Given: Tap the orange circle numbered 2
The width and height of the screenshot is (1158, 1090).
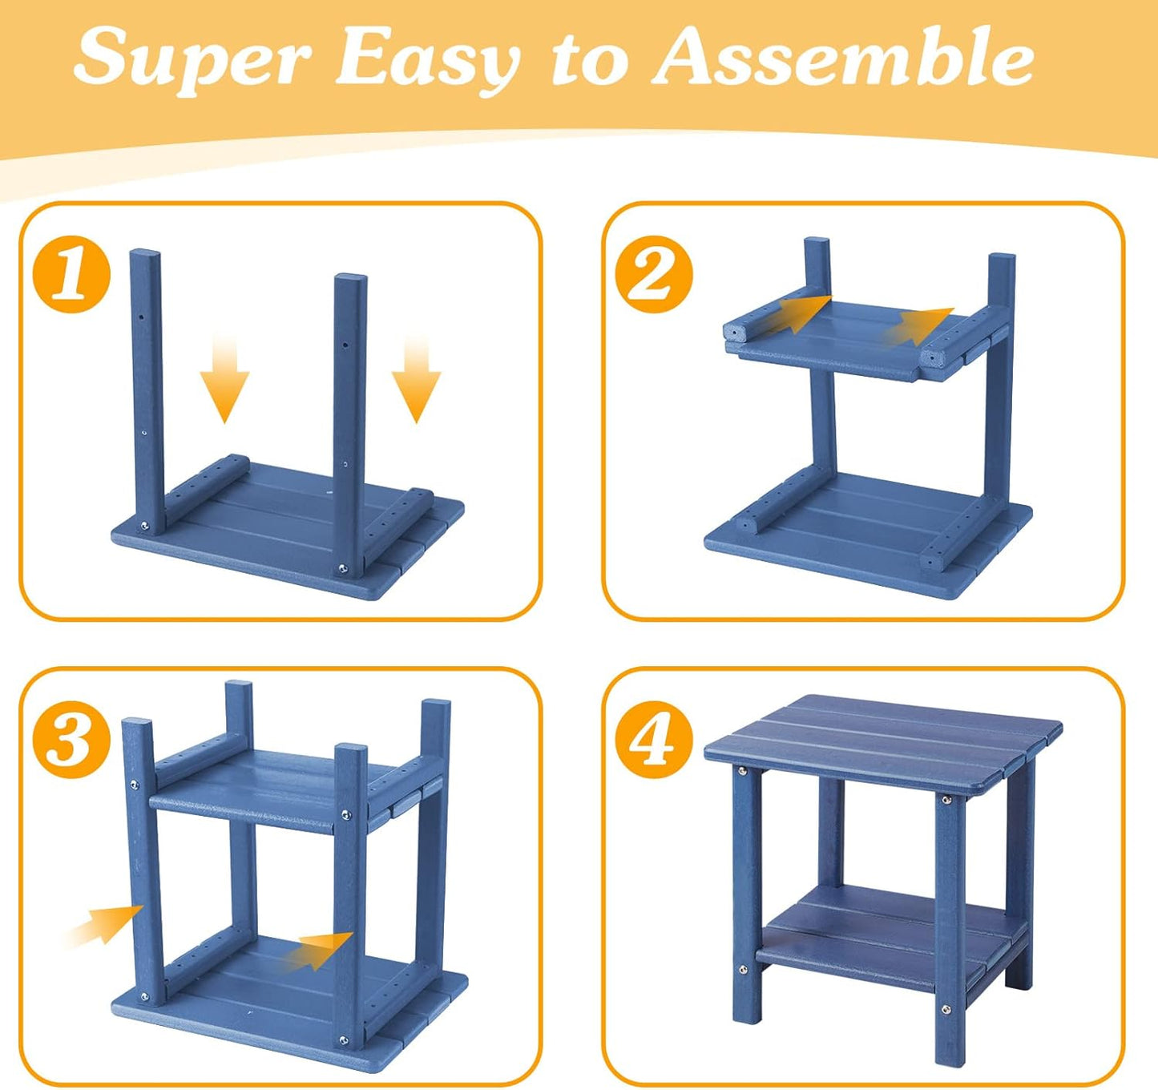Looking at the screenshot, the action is [656, 274].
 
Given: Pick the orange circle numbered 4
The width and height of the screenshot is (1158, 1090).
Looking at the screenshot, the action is [656, 739].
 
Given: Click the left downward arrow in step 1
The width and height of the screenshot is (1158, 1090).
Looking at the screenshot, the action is [225, 378].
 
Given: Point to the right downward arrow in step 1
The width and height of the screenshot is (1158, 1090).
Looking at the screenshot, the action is [416, 378].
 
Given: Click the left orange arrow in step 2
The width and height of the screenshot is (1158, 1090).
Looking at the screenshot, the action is [797, 315].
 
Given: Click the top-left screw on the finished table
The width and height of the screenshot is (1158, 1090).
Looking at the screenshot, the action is [742, 771].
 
